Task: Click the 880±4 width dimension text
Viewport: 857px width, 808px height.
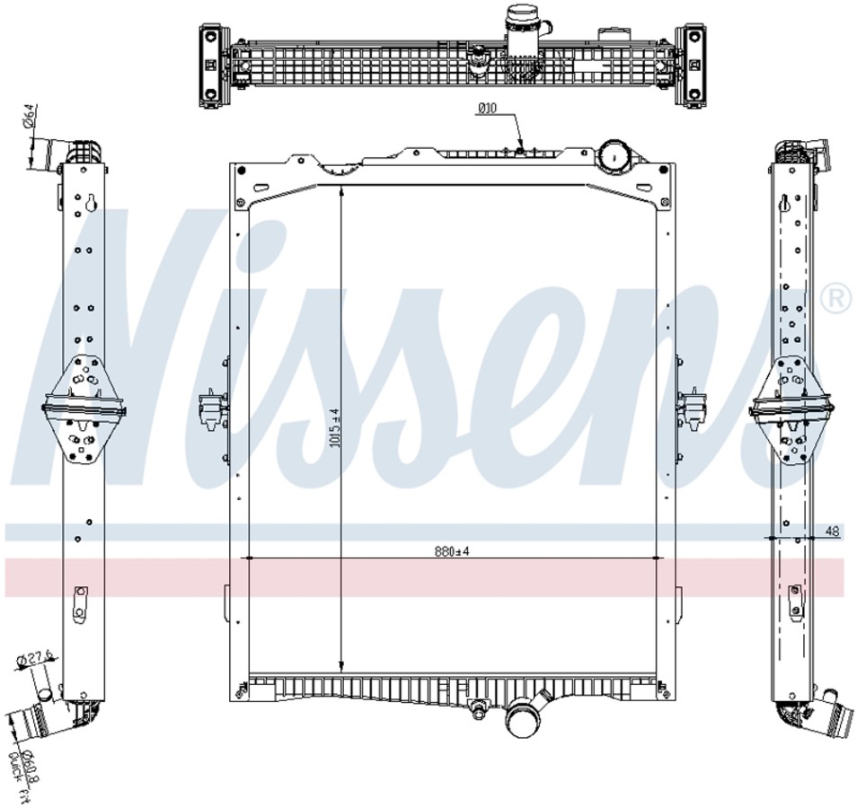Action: tap(451, 551)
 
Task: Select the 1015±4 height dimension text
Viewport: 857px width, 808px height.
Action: tap(334, 428)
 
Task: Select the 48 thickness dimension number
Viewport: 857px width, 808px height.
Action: tap(832, 531)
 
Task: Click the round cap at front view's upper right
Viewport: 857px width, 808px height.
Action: tap(616, 154)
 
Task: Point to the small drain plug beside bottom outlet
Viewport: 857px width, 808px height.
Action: tap(477, 713)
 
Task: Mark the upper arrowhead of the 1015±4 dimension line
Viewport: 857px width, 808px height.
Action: tap(340, 191)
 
